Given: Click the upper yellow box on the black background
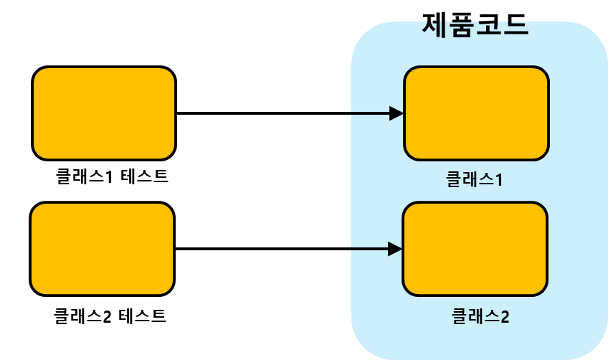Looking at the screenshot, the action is (104, 113).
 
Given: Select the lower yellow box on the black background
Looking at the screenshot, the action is (103, 249).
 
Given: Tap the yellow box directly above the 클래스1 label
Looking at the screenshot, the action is (476, 113).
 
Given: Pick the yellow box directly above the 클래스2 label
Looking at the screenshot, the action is (475, 249).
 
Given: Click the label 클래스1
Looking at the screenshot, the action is (474, 179).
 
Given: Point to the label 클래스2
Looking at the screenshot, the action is (480, 316).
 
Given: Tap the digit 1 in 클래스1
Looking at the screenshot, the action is (498, 179).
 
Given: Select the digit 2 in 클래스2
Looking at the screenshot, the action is (504, 316).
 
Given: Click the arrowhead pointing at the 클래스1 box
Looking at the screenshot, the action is (396, 113).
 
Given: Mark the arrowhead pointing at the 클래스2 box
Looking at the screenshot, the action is (395, 249).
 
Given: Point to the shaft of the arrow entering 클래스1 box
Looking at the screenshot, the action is (370, 113).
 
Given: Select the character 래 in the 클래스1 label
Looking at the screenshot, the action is (470, 179).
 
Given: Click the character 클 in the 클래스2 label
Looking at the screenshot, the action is (460, 316).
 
